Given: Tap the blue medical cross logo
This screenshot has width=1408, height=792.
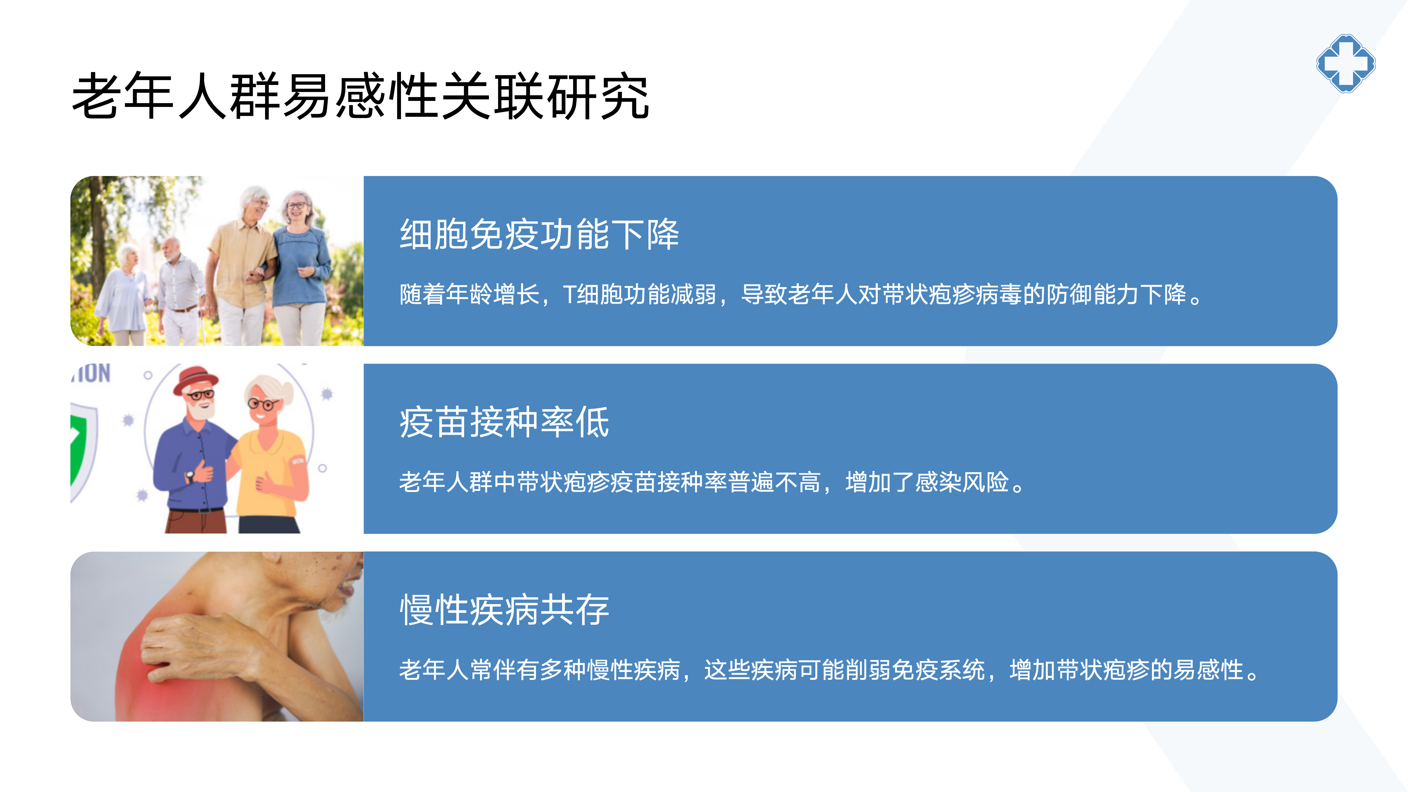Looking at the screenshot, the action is tap(1346, 64).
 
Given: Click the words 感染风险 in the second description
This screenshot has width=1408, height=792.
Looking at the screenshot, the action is tap(962, 482).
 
